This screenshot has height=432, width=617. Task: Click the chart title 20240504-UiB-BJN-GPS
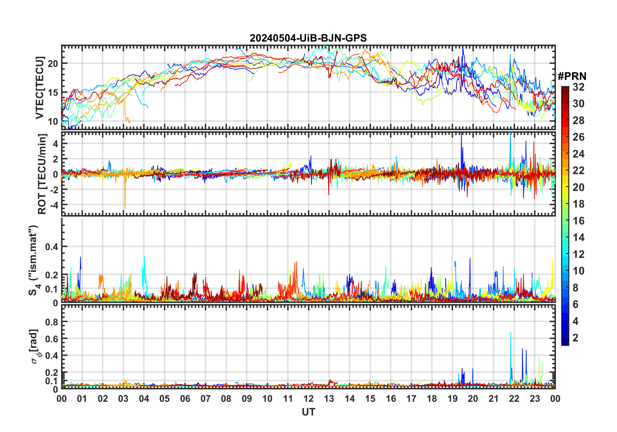point(308,38)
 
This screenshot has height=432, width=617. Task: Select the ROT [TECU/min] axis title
point(42,174)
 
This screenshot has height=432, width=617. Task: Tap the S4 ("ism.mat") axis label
point(33,260)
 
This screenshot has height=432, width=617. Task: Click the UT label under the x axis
point(308,412)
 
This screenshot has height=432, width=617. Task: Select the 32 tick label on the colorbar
point(578,87)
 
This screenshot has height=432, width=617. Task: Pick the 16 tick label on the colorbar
point(578,221)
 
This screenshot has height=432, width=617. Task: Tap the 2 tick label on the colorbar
point(575,338)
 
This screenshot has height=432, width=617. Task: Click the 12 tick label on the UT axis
point(308,399)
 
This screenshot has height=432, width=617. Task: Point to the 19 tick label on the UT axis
point(453,399)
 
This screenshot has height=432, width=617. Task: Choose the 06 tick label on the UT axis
point(185,399)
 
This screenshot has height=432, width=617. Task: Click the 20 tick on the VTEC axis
point(53,64)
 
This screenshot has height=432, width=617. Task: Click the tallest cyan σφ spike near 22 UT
point(511,333)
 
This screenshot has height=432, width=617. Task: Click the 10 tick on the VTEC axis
point(53,121)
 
